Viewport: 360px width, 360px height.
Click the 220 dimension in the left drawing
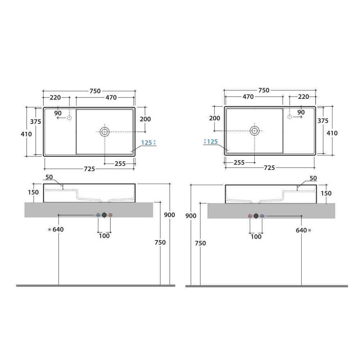pos(55,98)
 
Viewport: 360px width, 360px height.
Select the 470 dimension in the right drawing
pos(248,96)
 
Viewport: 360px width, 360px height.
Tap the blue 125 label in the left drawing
pos(147,143)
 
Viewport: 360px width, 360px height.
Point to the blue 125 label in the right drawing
pos(212,141)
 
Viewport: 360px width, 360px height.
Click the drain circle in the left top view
pos(105,132)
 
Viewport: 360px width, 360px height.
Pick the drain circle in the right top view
pos(255,131)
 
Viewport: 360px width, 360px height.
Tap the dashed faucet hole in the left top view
pos(69,118)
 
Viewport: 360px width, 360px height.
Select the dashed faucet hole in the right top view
pos(290,117)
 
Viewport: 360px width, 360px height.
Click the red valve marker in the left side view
pos(111,215)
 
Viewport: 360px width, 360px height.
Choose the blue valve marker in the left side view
pos(98,215)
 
